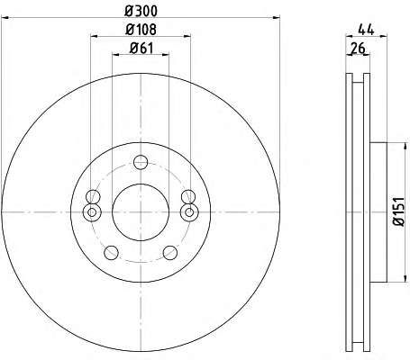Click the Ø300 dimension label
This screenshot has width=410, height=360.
coord(141,12)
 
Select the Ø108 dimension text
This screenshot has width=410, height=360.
coord(141,30)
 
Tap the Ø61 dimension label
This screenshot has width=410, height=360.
coord(141,48)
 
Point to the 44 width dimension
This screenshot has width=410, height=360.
coord(366,30)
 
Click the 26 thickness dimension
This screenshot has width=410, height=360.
coord(358,48)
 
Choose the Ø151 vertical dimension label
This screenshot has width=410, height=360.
coord(399,212)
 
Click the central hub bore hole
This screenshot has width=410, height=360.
coord(141,212)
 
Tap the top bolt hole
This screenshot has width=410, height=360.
coord(141,162)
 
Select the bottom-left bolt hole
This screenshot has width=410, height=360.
coord(111,253)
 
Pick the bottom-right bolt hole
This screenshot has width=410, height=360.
coord(170,253)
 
